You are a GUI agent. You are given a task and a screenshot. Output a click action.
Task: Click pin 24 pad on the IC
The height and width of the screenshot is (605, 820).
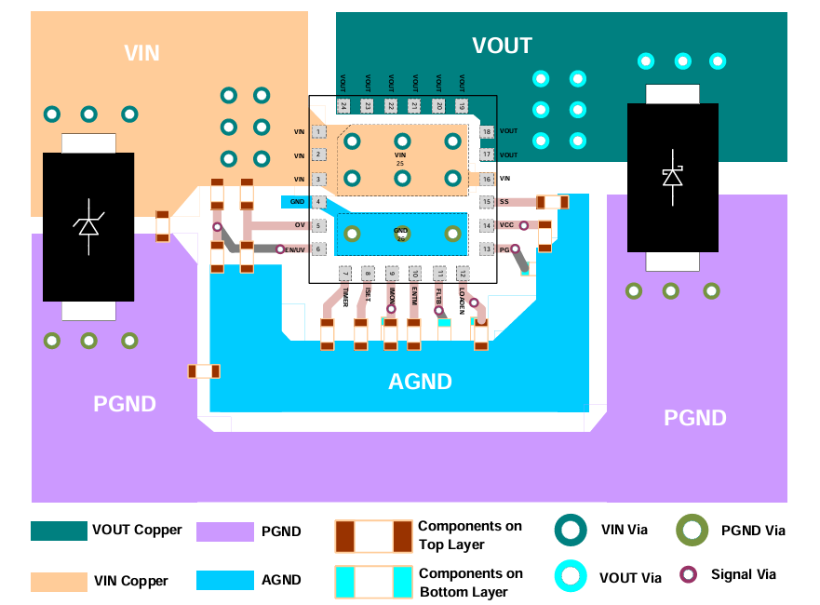[x=343, y=107]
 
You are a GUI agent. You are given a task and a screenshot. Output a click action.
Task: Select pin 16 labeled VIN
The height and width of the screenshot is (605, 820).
[x=486, y=179]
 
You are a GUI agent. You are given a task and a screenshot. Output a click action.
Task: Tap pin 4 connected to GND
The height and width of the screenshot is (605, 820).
[x=319, y=202]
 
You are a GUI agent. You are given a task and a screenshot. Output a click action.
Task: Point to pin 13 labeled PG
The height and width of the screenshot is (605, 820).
[x=486, y=249]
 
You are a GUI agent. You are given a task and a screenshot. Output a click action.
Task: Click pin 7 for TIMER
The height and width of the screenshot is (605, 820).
[x=344, y=274]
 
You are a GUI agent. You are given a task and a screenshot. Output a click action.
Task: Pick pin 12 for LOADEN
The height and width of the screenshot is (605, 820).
[x=462, y=274]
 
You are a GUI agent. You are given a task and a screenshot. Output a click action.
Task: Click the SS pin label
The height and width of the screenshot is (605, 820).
[x=504, y=202]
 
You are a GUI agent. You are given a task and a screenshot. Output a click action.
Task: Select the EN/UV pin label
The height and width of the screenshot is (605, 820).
[x=295, y=249]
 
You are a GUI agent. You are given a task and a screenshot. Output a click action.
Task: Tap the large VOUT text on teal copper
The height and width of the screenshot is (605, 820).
[x=502, y=46]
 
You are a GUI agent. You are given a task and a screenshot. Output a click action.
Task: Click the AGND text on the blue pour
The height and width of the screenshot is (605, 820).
[x=420, y=382]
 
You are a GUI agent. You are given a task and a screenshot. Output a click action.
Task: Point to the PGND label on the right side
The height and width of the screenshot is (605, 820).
[x=694, y=418]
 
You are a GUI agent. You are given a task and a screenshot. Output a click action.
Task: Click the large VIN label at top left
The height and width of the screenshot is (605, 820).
[x=141, y=53]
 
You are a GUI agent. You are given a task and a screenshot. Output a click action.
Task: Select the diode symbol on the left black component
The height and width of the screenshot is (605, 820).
[x=87, y=226]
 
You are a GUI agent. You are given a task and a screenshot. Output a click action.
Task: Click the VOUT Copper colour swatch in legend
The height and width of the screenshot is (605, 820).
[x=59, y=531]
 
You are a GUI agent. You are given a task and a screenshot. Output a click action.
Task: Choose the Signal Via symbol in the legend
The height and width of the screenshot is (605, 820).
[x=689, y=574]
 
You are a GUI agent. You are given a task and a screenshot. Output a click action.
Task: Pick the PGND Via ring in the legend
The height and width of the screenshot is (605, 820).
[x=692, y=531]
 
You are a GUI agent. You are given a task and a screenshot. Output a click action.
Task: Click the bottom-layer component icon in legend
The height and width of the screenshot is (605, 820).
[x=373, y=582]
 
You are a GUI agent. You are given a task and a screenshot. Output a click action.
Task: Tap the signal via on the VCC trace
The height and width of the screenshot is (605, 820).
[x=524, y=225]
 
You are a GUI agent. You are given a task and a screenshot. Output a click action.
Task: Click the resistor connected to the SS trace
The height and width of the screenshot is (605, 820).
[x=552, y=202]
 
